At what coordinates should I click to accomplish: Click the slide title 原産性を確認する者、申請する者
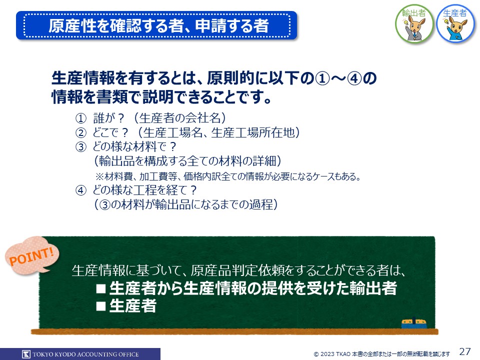[x=158, y=25]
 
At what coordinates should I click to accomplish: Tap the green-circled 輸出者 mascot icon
[x=414, y=24]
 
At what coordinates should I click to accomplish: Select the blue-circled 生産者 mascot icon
[x=455, y=24]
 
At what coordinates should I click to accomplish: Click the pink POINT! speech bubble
[x=32, y=255]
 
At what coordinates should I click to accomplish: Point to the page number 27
[x=464, y=351]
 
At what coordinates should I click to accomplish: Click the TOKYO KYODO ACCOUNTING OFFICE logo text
[x=85, y=354]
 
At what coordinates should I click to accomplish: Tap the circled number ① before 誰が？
[x=81, y=118]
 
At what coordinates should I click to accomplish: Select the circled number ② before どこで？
[x=81, y=133]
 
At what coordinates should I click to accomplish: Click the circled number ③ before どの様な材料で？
[x=81, y=147]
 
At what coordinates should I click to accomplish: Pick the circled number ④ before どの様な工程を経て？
[x=81, y=190]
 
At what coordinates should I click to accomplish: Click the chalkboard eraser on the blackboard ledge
[x=414, y=323]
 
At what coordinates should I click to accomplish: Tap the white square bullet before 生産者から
[x=101, y=288]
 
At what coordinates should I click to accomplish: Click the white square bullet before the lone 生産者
[x=101, y=306]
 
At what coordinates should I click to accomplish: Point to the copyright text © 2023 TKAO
[x=332, y=354]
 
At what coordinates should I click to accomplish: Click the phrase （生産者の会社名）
[x=180, y=118]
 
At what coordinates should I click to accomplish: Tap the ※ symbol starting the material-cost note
[x=100, y=176]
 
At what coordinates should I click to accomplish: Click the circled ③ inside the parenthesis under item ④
[x=105, y=205]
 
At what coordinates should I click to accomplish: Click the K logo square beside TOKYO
[x=26, y=354]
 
